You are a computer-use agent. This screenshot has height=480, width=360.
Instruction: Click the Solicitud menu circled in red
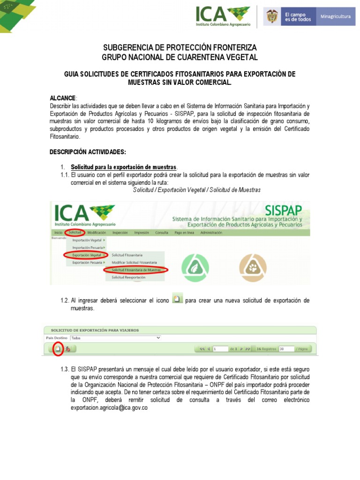coord(75,232)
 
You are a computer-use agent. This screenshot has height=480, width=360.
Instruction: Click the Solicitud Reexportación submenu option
coord(128,277)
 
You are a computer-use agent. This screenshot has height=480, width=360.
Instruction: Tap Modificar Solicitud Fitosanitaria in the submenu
coord(134,262)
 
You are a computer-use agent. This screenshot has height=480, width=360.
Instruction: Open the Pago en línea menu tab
coord(184,232)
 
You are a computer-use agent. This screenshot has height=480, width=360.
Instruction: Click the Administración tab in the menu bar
coord(211,232)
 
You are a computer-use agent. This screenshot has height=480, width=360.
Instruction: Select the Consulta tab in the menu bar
coord(162,232)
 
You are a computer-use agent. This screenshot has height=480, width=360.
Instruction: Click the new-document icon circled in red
coord(58,349)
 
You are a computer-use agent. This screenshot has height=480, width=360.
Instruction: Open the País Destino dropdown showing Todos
coord(115,337)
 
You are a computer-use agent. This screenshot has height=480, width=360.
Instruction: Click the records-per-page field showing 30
coord(286,349)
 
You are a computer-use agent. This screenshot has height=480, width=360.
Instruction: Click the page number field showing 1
coord(220,349)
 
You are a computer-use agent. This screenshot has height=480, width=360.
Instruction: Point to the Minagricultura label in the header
coord(335,16)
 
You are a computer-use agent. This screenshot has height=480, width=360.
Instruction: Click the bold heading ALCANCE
coord(63,98)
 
